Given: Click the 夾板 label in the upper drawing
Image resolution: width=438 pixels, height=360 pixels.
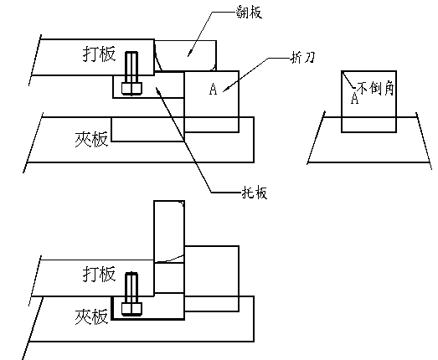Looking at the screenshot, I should tap(88, 140).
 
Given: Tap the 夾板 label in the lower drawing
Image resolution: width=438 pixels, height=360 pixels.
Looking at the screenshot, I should tap(89, 317).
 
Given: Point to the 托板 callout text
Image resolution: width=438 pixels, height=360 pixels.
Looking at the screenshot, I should tap(251, 193).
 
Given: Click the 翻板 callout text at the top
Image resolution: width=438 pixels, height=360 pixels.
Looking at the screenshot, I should tap(249, 13).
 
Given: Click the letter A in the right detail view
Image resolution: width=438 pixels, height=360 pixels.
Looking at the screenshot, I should tap(355, 99).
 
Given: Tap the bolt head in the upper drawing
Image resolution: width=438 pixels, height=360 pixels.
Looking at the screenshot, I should tap(131, 86).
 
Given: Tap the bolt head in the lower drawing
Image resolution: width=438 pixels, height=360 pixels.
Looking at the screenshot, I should tap(131, 309).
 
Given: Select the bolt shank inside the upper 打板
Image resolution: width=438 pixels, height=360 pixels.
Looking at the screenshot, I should tap(131, 67).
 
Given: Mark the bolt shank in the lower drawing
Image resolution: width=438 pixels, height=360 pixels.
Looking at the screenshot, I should tap(131, 288).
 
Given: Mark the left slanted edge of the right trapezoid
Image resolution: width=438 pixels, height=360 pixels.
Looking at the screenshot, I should tap(316, 138).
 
